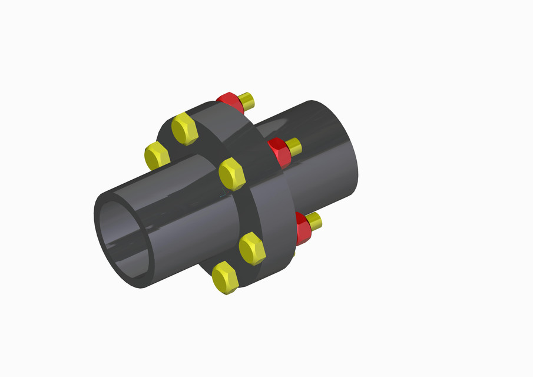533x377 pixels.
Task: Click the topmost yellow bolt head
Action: tap(185, 130)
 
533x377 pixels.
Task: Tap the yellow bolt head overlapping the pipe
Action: tap(232, 174)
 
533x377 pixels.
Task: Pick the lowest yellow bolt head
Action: tap(225, 278)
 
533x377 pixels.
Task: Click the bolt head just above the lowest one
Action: tap(252, 248)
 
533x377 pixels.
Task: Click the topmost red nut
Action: tap(231, 102)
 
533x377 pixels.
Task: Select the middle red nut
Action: tap(279, 152)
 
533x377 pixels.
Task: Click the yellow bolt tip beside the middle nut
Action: tap(294, 147)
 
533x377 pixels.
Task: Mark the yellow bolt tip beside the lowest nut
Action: tap(314, 221)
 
